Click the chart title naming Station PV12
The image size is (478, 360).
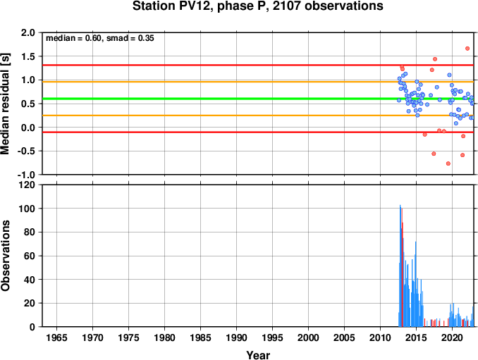click(x=257, y=6)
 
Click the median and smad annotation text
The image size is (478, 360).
click(x=100, y=38)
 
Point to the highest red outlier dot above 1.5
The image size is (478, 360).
click(x=467, y=49)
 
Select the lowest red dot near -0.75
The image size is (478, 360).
click(x=448, y=163)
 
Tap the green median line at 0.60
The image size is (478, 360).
click(x=258, y=99)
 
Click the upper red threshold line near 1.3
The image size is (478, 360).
click(x=258, y=66)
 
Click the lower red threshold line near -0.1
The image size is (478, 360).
click(x=258, y=132)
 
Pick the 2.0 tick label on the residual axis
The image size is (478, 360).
click(x=27, y=32)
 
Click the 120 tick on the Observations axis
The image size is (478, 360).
click(x=27, y=185)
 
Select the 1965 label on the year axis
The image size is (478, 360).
click(x=56, y=337)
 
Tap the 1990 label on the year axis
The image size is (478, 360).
click(x=237, y=337)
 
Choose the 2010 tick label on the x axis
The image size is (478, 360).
click(x=380, y=337)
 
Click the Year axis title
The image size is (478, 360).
click(x=258, y=355)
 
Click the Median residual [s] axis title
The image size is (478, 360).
click(x=5, y=104)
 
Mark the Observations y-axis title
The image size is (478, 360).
click(x=5, y=256)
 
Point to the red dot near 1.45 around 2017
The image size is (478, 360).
click(x=435, y=59)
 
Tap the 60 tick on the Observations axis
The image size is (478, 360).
click(x=30, y=256)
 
